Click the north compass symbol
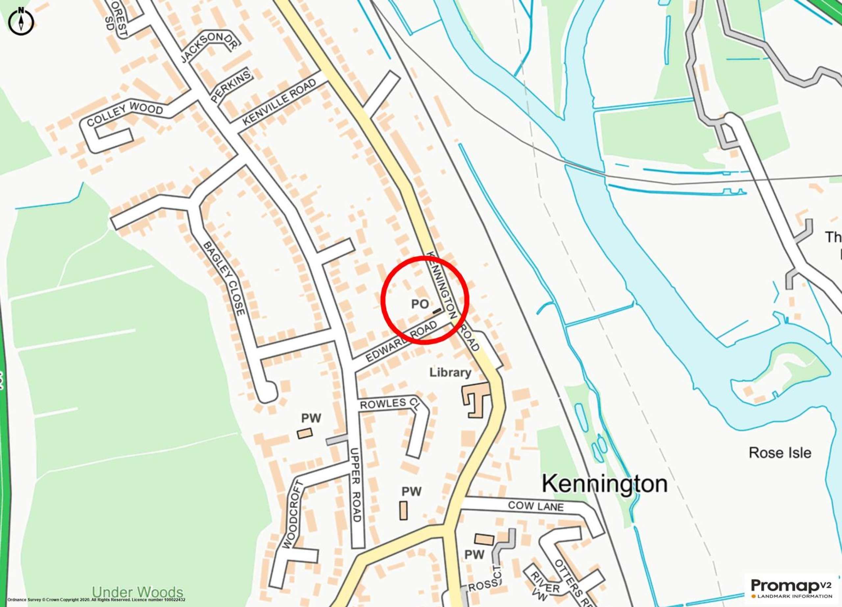coord(21,21)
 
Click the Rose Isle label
coord(780,453)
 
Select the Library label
coord(450,372)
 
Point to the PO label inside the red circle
coord(420,304)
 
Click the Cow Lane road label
coord(536,506)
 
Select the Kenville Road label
coord(279,102)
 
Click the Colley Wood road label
coord(125,114)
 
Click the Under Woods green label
coord(137,592)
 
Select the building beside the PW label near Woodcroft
coord(305,433)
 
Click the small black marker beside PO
coord(436,310)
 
